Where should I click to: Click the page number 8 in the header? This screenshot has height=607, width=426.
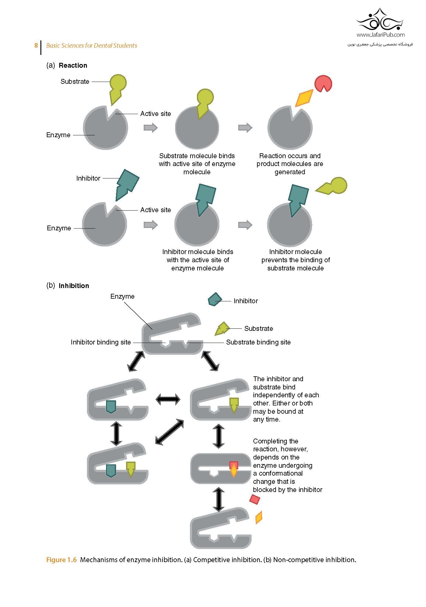[36, 46]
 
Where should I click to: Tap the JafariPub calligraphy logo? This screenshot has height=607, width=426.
[380, 20]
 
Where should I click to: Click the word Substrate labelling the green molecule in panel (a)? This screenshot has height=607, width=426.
[75, 81]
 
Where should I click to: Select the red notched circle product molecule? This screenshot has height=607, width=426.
[323, 83]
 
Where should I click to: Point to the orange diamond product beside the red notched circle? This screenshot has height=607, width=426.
[304, 98]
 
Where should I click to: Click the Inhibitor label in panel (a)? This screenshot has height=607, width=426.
[88, 178]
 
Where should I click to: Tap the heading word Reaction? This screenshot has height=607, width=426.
[73, 65]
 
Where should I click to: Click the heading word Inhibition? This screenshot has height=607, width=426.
[74, 286]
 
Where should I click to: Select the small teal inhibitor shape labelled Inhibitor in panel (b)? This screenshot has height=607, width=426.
[215, 300]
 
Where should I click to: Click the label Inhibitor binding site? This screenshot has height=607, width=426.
[101, 342]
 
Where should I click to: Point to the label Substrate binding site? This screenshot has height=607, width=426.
[258, 342]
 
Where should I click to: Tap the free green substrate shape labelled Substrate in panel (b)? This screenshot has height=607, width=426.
[222, 329]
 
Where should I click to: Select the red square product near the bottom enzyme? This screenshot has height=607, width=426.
[255, 499]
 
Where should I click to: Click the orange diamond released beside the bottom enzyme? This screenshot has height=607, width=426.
[259, 517]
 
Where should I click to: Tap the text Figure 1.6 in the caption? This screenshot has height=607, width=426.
[61, 560]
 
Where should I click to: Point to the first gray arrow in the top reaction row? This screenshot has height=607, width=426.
[150, 127]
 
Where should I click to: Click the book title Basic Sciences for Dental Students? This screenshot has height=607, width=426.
[91, 46]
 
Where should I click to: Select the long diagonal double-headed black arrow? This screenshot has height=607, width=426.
[169, 432]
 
